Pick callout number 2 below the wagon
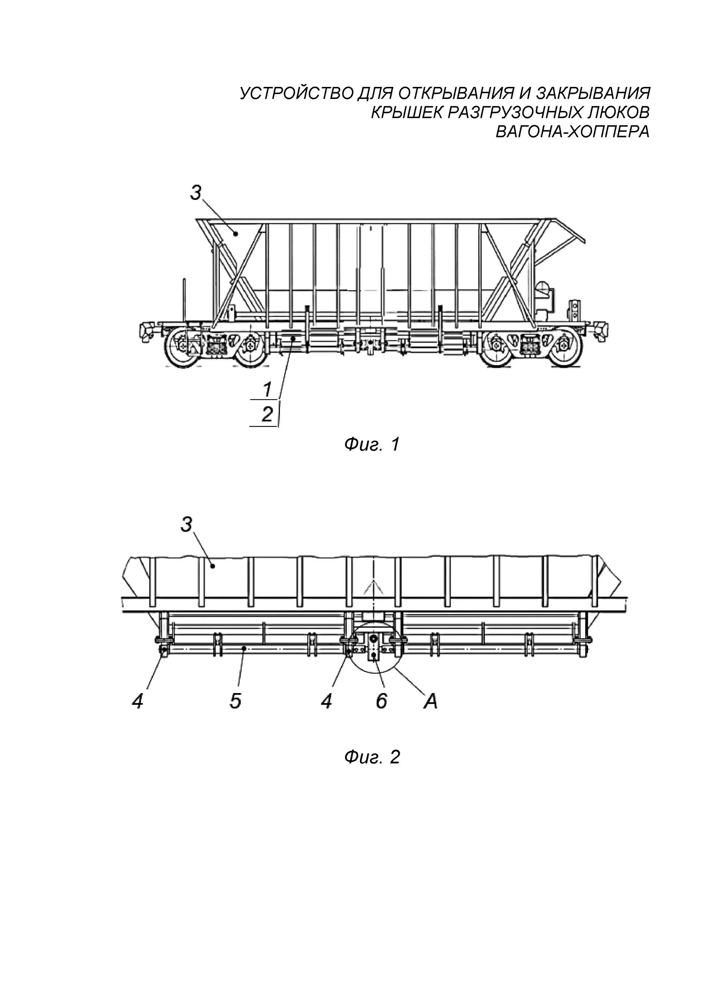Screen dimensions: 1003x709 pyautogui.click(x=267, y=414)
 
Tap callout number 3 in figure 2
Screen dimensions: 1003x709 pyautogui.click(x=187, y=525)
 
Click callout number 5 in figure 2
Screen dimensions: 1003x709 pyautogui.click(x=235, y=701)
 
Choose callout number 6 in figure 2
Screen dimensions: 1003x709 pyautogui.click(x=381, y=701)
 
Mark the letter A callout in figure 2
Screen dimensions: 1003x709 pyautogui.click(x=430, y=701)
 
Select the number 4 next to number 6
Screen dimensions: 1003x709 pyautogui.click(x=326, y=701)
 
